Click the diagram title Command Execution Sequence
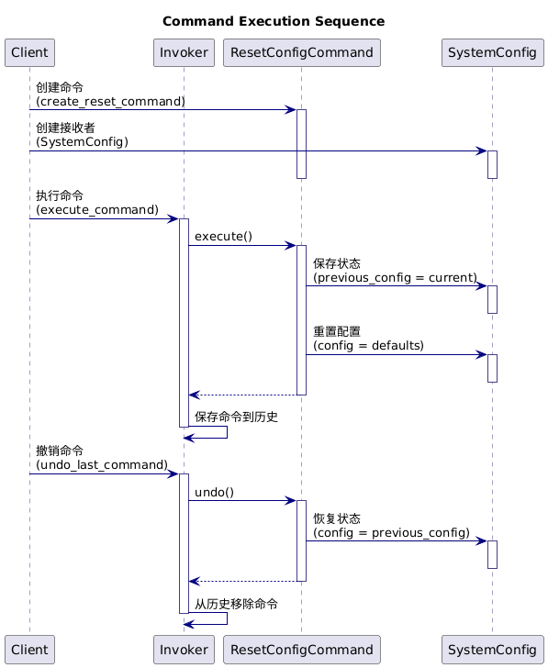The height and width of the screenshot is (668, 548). click(x=274, y=21)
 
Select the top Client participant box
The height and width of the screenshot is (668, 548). click(x=29, y=53)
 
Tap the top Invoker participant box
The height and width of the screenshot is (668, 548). click(x=185, y=53)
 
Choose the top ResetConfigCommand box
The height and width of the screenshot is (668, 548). click(x=302, y=53)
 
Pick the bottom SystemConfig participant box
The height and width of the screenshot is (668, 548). click(x=493, y=650)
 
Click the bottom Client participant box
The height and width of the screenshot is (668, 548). click(x=29, y=650)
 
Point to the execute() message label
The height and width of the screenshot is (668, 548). click(x=223, y=237)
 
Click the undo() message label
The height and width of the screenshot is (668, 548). click(x=215, y=493)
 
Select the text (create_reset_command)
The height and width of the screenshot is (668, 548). click(x=110, y=101)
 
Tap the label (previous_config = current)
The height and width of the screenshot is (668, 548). click(x=395, y=278)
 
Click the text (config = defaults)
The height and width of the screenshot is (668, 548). click(x=369, y=346)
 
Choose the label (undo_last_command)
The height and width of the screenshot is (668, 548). click(x=102, y=465)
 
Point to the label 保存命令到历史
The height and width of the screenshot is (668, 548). click(x=236, y=417)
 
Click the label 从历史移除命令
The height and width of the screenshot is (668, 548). click(x=236, y=604)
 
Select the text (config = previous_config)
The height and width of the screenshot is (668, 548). click(x=392, y=533)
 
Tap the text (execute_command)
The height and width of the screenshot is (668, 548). click(x=97, y=210)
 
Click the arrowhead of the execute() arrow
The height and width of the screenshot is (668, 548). click(x=292, y=245)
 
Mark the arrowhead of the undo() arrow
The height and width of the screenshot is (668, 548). click(x=292, y=501)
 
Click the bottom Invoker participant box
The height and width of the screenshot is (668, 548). click(x=185, y=650)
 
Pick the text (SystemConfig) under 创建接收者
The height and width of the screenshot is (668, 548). click(x=83, y=142)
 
